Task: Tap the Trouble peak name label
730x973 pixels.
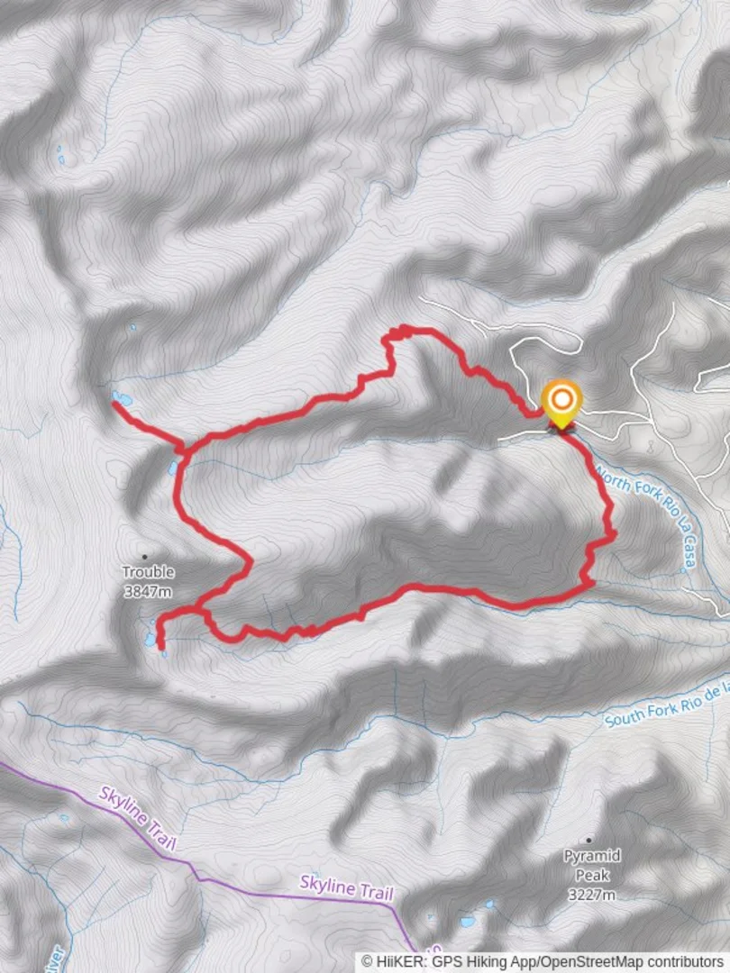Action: (149, 572)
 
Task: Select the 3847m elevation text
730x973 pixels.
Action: (149, 591)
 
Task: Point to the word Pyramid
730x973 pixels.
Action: (591, 856)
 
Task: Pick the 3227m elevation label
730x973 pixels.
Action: (591, 895)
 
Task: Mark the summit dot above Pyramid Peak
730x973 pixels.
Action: (589, 840)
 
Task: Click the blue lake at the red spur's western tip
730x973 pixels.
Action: (122, 398)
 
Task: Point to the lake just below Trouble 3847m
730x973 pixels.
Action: (150, 639)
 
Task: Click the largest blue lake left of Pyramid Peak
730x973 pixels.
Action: (467, 921)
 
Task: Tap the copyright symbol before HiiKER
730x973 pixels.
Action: (368, 962)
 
